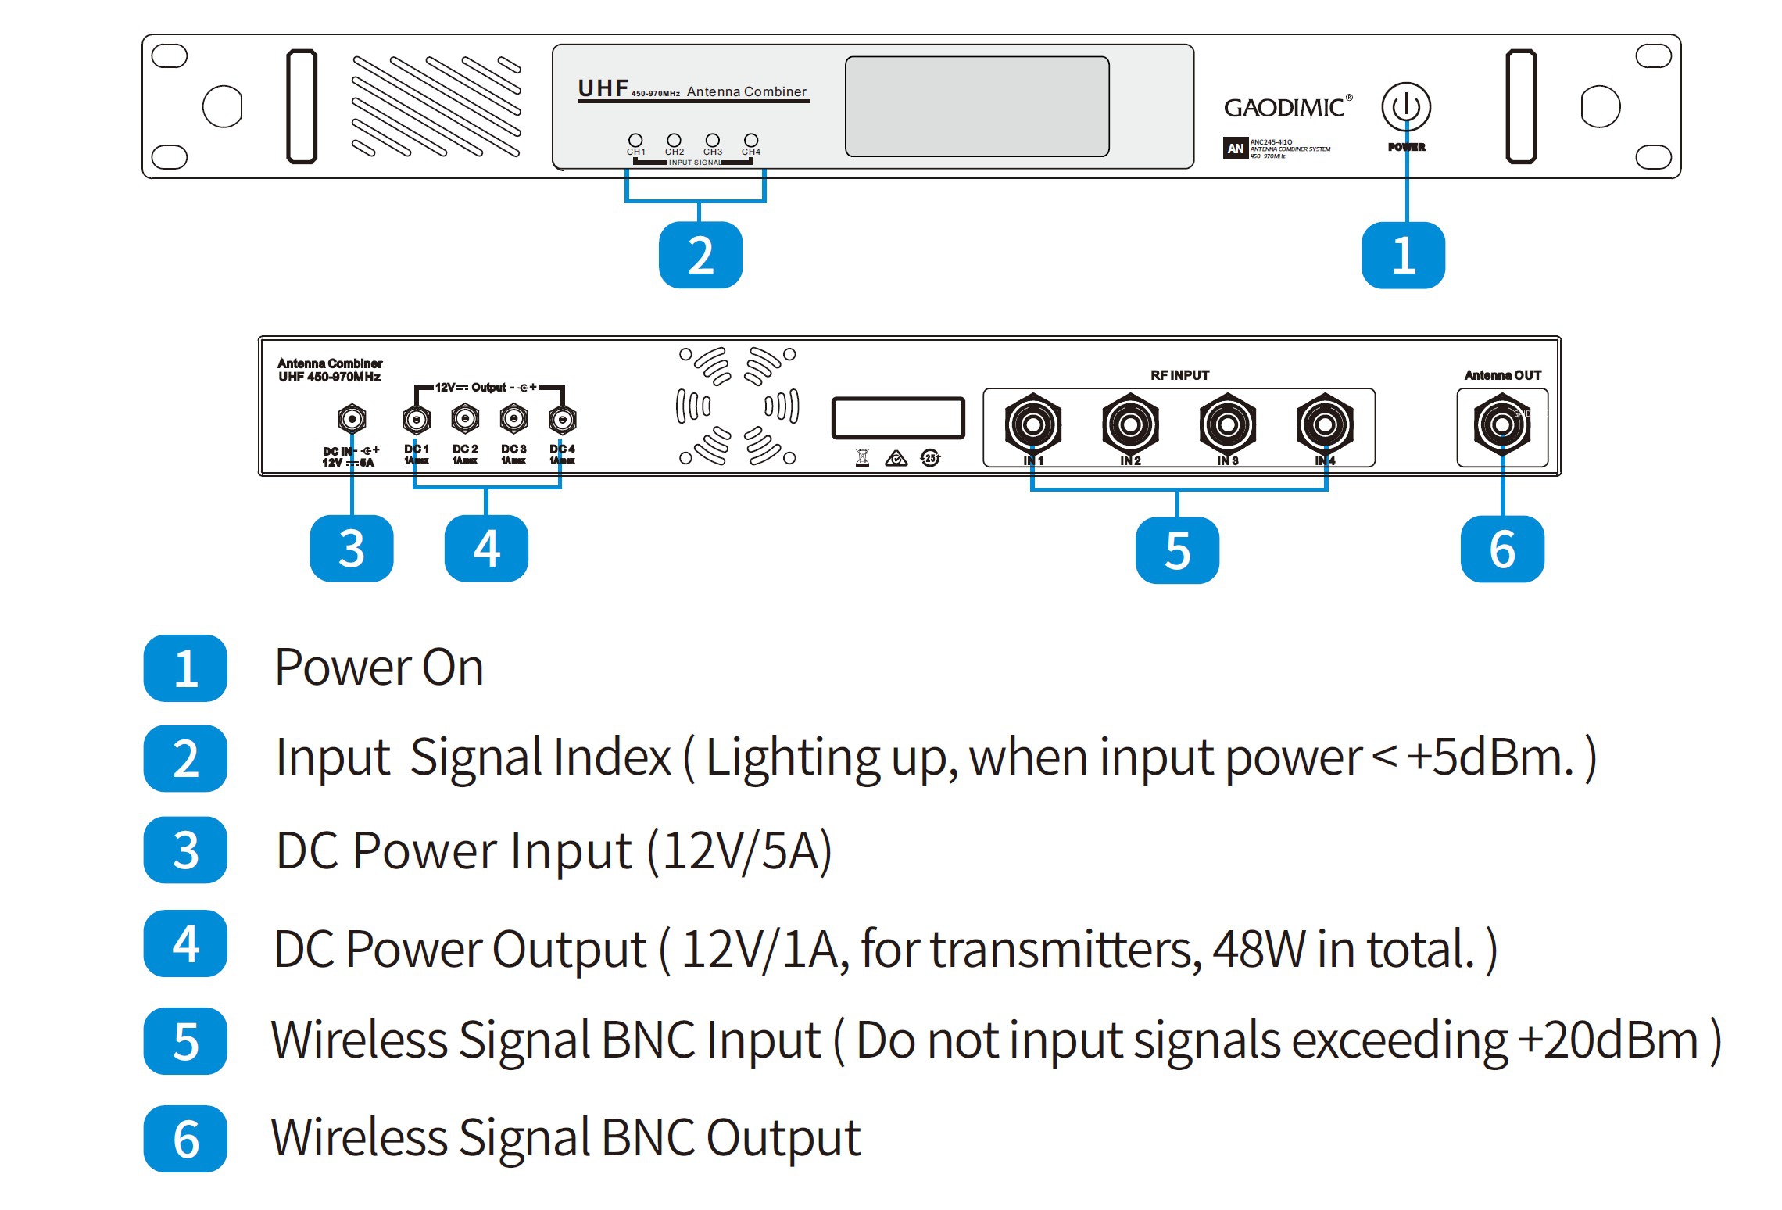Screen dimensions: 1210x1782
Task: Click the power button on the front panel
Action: coord(1405,107)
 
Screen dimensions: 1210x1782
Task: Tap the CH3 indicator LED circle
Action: coord(712,140)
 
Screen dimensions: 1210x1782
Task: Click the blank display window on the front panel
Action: coord(976,106)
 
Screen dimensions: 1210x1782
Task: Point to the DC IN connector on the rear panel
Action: coord(352,419)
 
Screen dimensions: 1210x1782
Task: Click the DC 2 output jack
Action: coord(465,419)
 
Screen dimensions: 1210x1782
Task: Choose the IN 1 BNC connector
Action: coord(1032,424)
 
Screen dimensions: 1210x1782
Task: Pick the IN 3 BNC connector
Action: coord(1227,424)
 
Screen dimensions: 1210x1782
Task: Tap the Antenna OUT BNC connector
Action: coord(1501,424)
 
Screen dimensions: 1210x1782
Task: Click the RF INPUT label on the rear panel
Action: coord(1179,375)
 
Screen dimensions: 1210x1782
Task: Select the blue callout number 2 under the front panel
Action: coord(700,256)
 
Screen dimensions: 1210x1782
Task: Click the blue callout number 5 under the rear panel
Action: coord(1177,550)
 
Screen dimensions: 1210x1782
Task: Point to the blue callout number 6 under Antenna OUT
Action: coord(1502,550)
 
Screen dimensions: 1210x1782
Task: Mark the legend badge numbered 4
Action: coord(185,944)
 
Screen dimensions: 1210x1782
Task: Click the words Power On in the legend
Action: coord(379,668)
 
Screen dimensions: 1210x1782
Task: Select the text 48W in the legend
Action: coord(1259,949)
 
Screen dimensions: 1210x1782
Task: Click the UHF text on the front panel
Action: coord(603,88)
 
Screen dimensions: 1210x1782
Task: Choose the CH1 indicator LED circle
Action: coord(635,140)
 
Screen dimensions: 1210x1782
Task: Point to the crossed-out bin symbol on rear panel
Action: coord(862,458)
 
